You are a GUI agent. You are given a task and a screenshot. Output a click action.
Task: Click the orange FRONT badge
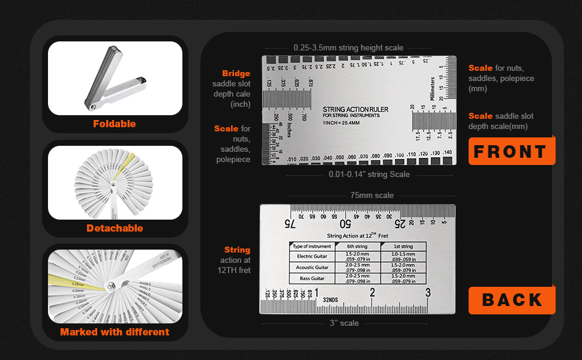[x=511, y=151]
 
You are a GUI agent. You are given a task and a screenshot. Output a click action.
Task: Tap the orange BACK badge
[x=511, y=300]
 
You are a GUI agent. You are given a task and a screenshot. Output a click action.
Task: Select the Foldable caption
[x=115, y=124]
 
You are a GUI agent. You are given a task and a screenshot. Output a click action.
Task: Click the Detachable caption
[x=115, y=228]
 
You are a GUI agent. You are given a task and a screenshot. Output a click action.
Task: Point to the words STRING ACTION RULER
[x=355, y=109]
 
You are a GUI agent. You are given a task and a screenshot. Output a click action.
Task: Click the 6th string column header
[x=357, y=246]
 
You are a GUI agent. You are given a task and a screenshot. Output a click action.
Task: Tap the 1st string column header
[x=403, y=246]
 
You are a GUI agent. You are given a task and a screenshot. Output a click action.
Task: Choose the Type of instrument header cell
[x=311, y=246]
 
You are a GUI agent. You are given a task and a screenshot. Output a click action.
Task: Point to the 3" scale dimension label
[x=344, y=323]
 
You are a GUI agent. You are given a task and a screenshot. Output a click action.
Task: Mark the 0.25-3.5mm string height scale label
[x=348, y=48]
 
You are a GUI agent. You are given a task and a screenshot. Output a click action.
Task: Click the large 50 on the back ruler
[x=346, y=224]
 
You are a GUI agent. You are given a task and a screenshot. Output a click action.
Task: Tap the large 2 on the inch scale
[x=372, y=293]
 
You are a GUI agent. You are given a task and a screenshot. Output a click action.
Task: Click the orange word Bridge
[x=236, y=74]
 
